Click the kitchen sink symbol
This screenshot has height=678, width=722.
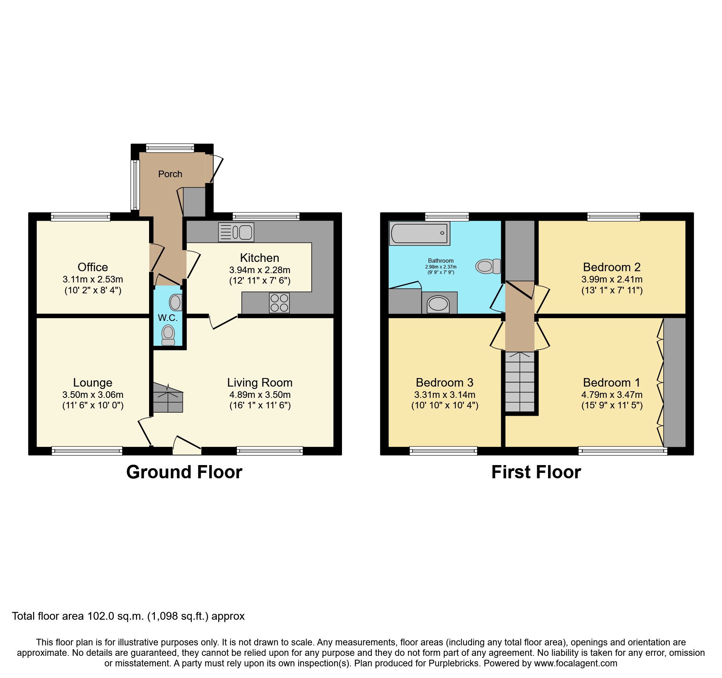coord(236,232)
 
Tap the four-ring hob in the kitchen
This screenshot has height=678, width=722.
coord(279,303)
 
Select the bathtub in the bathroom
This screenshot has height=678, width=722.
coord(419,234)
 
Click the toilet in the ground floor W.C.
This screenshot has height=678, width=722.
coord(168,335)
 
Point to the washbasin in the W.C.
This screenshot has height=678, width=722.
coord(175,302)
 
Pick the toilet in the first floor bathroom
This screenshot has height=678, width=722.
coord(488,267)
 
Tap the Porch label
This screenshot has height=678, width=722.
coord(170,174)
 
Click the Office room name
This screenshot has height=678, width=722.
coord(93,267)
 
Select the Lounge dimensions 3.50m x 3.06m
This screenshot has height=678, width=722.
coord(93,395)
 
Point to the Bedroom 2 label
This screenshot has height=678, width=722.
coord(611,267)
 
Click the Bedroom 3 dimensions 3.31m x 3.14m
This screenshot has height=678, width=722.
coord(444,395)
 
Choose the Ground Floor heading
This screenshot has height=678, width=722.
coord(184,472)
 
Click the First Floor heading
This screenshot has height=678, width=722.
coord(536,472)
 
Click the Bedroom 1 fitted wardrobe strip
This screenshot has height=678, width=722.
coord(674,382)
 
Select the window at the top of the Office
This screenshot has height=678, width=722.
coord(80,217)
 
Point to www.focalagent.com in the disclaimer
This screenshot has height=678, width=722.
coord(575,663)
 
